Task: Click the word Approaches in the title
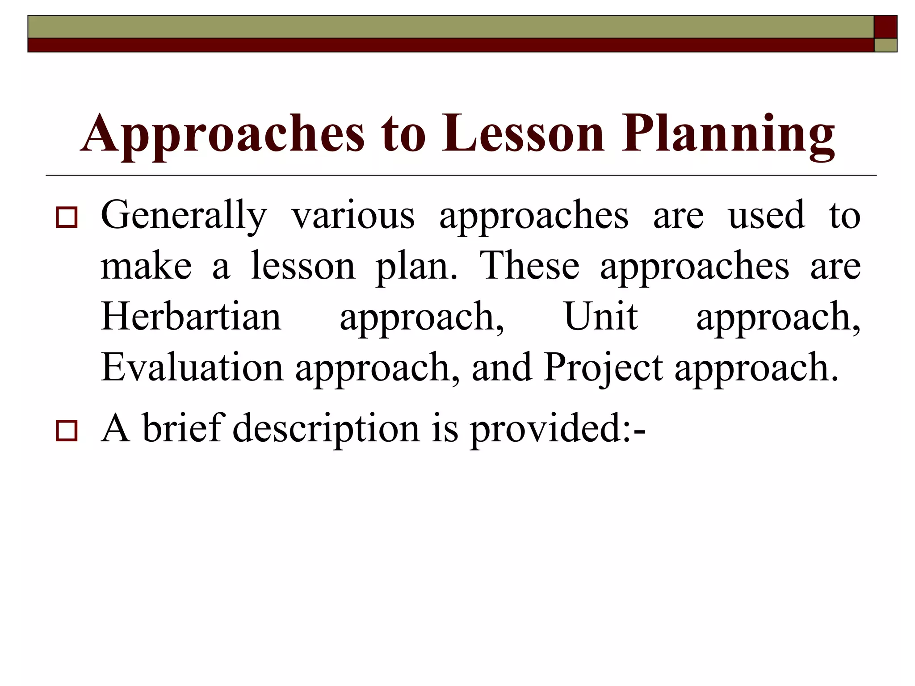point(222,134)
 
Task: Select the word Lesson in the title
point(523,134)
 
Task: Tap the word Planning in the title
point(727,134)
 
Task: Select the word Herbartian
point(191,317)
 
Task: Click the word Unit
point(601,317)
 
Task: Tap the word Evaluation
point(192,368)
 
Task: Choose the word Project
point(603,368)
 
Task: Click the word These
point(529,267)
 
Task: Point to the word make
point(147,267)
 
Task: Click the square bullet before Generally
point(67,218)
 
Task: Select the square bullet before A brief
point(67,431)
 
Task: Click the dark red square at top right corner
point(885,27)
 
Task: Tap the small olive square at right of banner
point(885,45)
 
